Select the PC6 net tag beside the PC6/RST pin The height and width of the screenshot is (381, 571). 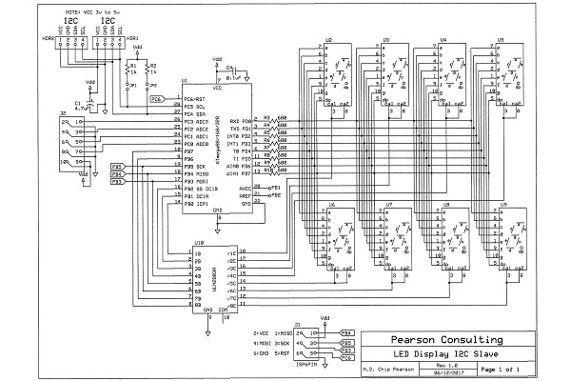tap(157, 98)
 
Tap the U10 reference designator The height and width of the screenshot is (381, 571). tap(198, 243)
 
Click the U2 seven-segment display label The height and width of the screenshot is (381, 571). tap(329, 39)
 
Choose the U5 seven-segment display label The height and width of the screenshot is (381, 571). tap(502, 39)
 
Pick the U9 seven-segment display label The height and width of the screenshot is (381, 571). tap(502, 205)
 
